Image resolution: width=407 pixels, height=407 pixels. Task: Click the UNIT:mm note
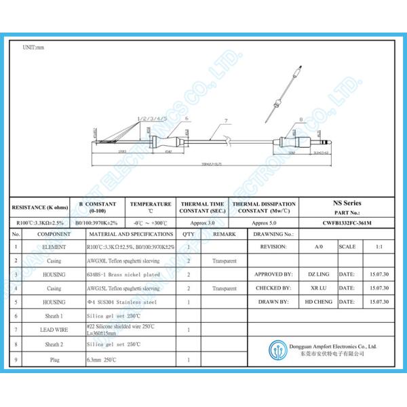point(33,48)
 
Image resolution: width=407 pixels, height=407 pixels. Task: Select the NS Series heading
point(347,203)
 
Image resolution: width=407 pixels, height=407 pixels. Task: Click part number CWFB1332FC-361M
point(347,222)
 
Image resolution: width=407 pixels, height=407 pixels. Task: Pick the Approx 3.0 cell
point(202,222)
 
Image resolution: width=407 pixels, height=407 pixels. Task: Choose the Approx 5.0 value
point(264,222)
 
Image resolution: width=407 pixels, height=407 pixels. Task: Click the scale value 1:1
point(377,247)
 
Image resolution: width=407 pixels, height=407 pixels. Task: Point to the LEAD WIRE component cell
point(54,329)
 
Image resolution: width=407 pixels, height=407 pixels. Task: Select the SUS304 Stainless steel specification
point(122,301)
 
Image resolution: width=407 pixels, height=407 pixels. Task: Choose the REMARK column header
point(224,234)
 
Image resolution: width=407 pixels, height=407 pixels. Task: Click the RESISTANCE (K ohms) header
point(39,206)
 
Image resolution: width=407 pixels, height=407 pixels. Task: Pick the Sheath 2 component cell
point(54,344)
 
